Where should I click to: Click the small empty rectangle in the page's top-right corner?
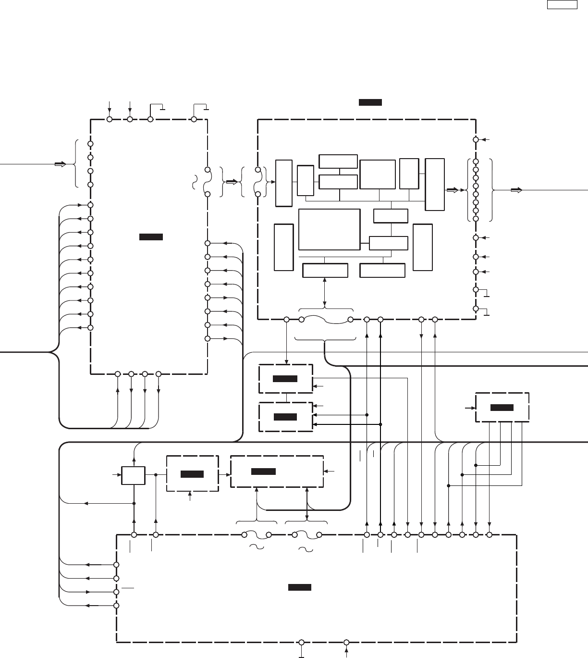point(562,5)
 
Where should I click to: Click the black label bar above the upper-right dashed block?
point(370,102)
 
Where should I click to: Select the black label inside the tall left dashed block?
point(151,237)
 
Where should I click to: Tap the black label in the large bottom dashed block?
point(300,587)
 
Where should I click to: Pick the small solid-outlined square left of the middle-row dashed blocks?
point(133,475)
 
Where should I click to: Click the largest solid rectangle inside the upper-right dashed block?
point(329,229)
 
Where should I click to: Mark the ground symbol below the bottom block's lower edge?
point(301,655)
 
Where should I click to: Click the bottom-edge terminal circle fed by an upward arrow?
point(346,642)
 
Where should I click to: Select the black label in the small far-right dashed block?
point(502,408)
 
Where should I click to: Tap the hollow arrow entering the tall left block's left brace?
point(60,164)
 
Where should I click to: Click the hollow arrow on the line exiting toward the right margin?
point(516,190)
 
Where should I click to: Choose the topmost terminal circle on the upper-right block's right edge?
point(476,139)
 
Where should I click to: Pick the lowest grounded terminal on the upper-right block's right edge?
point(476,309)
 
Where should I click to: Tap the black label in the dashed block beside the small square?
point(192,474)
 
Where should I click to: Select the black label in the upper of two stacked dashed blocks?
point(285,379)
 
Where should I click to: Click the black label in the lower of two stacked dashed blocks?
point(285,417)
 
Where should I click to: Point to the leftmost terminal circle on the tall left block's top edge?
point(110,119)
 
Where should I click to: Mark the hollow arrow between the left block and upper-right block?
point(232,182)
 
